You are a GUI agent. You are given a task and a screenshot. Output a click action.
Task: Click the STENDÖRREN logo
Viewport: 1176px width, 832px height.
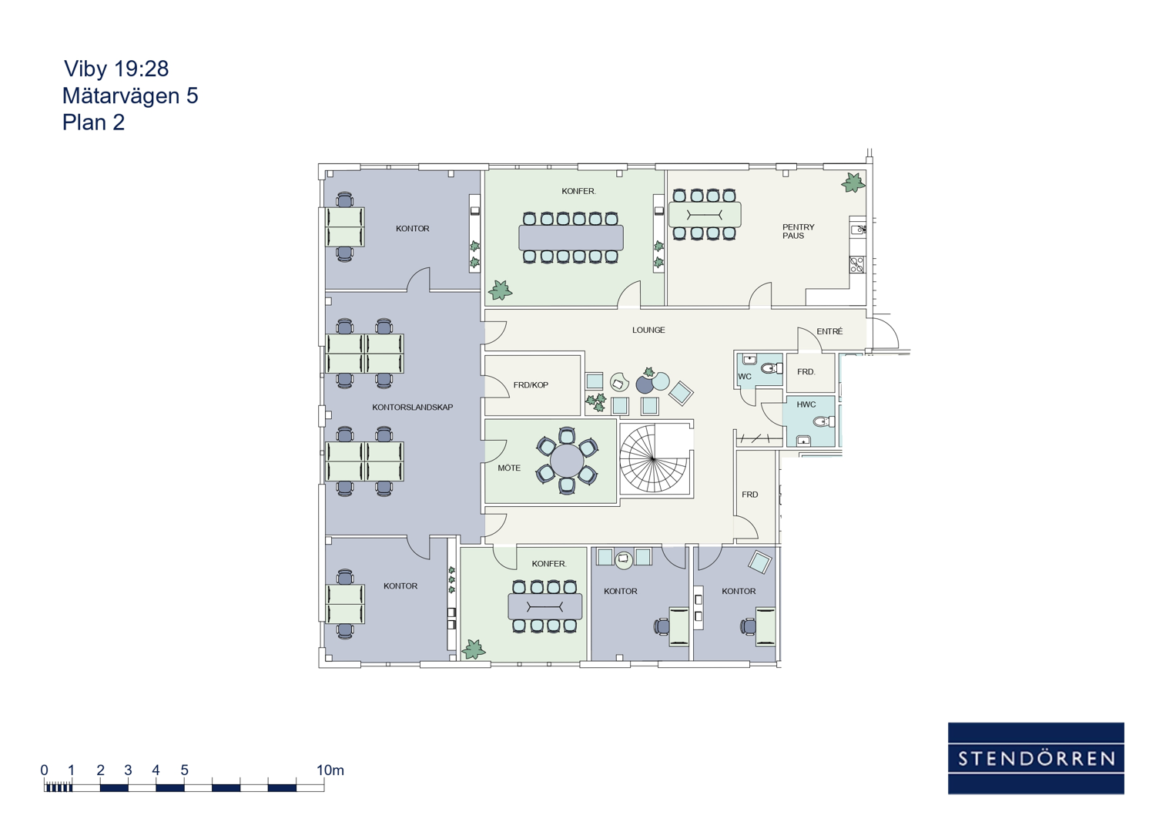coord(1036,758)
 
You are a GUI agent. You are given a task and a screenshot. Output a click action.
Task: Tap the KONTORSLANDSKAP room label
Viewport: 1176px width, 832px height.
coord(412,407)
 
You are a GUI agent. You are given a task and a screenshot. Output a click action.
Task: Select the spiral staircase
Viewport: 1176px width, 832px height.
coord(653,458)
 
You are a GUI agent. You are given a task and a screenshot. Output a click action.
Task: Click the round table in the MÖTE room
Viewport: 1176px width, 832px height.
coord(567,461)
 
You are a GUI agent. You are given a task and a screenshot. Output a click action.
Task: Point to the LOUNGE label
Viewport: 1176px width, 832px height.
coord(648,330)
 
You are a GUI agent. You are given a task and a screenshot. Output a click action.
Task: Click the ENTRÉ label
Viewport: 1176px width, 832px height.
coord(829,331)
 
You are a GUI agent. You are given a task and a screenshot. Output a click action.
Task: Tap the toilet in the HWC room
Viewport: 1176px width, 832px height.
coord(824,421)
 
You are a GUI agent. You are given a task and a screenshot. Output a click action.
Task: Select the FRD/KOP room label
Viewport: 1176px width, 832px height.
coord(531,385)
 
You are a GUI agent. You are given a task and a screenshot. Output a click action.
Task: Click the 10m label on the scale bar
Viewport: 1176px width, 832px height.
coord(330,770)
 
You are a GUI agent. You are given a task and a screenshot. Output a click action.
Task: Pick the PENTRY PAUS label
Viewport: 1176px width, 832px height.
coord(798,231)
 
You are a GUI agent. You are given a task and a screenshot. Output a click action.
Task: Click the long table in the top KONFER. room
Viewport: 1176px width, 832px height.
coord(571,237)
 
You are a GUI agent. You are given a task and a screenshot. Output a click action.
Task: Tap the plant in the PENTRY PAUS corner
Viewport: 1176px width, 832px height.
coord(853,183)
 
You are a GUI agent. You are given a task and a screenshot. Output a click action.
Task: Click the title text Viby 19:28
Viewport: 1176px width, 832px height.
coord(116,69)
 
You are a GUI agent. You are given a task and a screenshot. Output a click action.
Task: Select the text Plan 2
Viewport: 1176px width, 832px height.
coord(93,122)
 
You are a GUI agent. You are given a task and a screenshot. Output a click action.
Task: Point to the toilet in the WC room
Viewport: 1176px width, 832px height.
coord(772,368)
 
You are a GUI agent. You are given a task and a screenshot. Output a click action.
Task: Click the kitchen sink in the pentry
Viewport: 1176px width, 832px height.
coord(857,229)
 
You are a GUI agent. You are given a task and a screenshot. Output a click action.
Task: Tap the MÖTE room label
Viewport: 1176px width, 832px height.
coord(509,468)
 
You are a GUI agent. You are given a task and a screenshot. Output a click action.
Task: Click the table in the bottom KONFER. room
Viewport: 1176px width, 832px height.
coord(544,606)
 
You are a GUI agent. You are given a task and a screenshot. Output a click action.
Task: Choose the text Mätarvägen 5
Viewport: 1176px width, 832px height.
coord(130,96)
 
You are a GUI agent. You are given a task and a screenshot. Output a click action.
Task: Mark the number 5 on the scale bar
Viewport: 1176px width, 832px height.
coord(184,770)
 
